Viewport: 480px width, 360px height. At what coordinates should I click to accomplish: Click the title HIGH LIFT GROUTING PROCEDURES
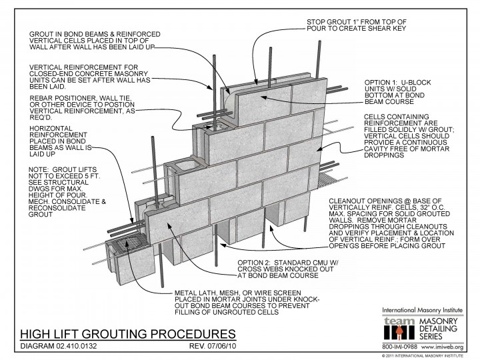pyautogui.click(x=126, y=333)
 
